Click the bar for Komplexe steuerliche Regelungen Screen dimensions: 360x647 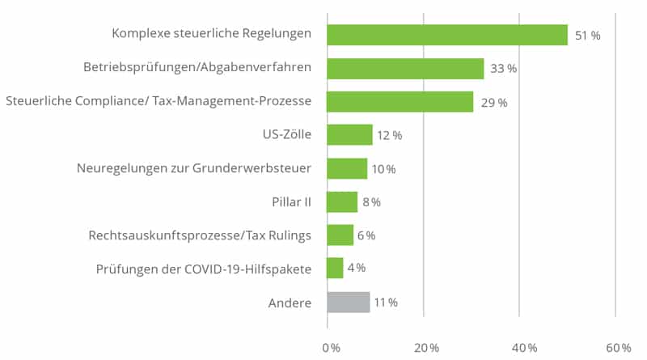coord(447,35)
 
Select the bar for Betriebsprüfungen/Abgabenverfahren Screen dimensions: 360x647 coord(405,69)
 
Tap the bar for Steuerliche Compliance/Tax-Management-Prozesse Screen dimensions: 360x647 coord(400,102)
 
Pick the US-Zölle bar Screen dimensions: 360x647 coord(349,135)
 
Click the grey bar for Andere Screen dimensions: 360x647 coord(349,303)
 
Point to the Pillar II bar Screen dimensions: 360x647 coord(342,202)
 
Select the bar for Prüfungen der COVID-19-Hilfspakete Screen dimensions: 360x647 coord(335,269)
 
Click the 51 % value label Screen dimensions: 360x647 coord(587,36)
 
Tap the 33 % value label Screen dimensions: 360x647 coord(504,69)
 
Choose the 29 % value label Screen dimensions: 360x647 coord(493,103)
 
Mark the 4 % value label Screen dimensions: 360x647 coord(356,269)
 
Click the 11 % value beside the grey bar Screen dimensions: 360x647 coord(387,303)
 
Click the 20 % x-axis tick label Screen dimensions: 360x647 coord(426,347)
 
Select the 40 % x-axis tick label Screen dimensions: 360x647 coord(522,347)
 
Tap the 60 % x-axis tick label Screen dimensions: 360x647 coord(619,347)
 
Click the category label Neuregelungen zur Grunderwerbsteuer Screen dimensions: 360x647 coord(193,169)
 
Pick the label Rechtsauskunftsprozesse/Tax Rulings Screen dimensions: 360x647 coord(200,235)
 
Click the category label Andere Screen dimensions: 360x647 coord(290,303)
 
